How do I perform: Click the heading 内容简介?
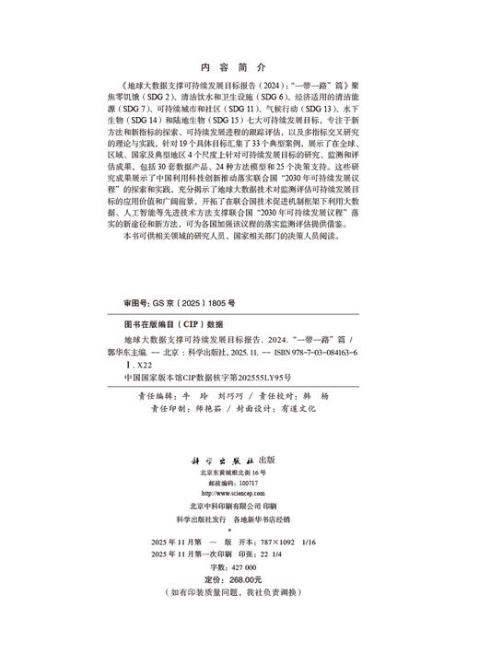tap(239, 68)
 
